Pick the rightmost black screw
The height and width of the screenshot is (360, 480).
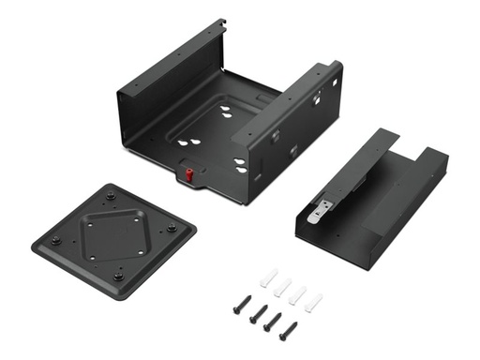pyautogui.click(x=290, y=331)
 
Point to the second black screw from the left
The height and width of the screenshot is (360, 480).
pyautogui.click(x=255, y=315)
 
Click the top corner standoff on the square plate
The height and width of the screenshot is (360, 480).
pyautogui.click(x=111, y=196)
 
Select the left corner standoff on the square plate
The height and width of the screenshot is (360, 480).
pyautogui.click(x=55, y=239)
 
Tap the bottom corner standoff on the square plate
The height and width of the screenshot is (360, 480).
pyautogui.click(x=117, y=276)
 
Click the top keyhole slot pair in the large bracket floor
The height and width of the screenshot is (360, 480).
pyautogui.click(x=226, y=111)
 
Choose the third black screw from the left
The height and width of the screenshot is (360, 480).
pyautogui.click(x=272, y=323)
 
